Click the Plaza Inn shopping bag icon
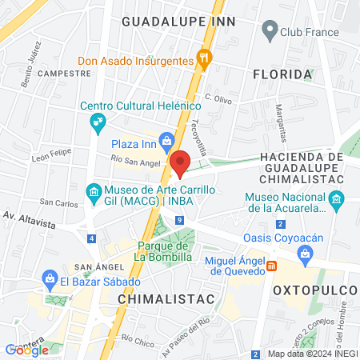point(166,142)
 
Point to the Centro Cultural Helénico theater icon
point(98,122)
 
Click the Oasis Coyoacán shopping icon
point(305,254)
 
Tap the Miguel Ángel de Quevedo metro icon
point(272,266)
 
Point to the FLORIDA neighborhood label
point(281,74)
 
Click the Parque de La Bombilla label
point(163,251)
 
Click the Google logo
point(26,350)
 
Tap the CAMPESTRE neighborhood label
point(59,73)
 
